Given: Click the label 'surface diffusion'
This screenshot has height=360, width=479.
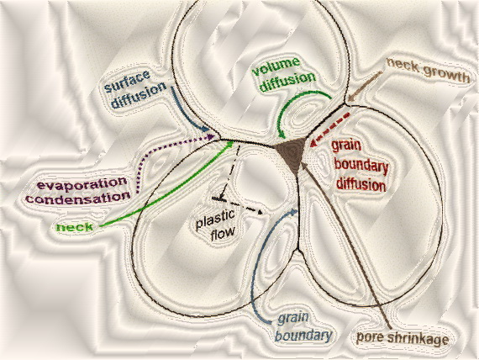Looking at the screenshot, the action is (x=135, y=89).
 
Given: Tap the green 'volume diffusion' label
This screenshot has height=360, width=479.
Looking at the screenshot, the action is (x=283, y=74).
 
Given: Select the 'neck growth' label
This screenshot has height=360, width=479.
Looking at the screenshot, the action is (x=428, y=71).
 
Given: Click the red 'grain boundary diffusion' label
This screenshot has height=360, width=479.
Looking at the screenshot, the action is (x=360, y=166).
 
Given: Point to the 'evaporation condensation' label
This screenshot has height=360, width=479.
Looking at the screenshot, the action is (x=78, y=191).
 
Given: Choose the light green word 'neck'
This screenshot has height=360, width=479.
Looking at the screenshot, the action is (x=75, y=227).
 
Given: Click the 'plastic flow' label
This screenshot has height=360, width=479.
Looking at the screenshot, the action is (x=216, y=225).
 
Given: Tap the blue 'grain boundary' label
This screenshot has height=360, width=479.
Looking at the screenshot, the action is (x=303, y=327).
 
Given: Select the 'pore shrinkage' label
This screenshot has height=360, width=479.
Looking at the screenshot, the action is (x=403, y=338).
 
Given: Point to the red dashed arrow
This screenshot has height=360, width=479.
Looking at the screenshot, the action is (x=330, y=130).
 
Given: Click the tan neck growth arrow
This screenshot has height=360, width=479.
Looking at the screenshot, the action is (x=365, y=87).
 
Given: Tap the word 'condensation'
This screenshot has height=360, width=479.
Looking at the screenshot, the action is (x=78, y=199).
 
